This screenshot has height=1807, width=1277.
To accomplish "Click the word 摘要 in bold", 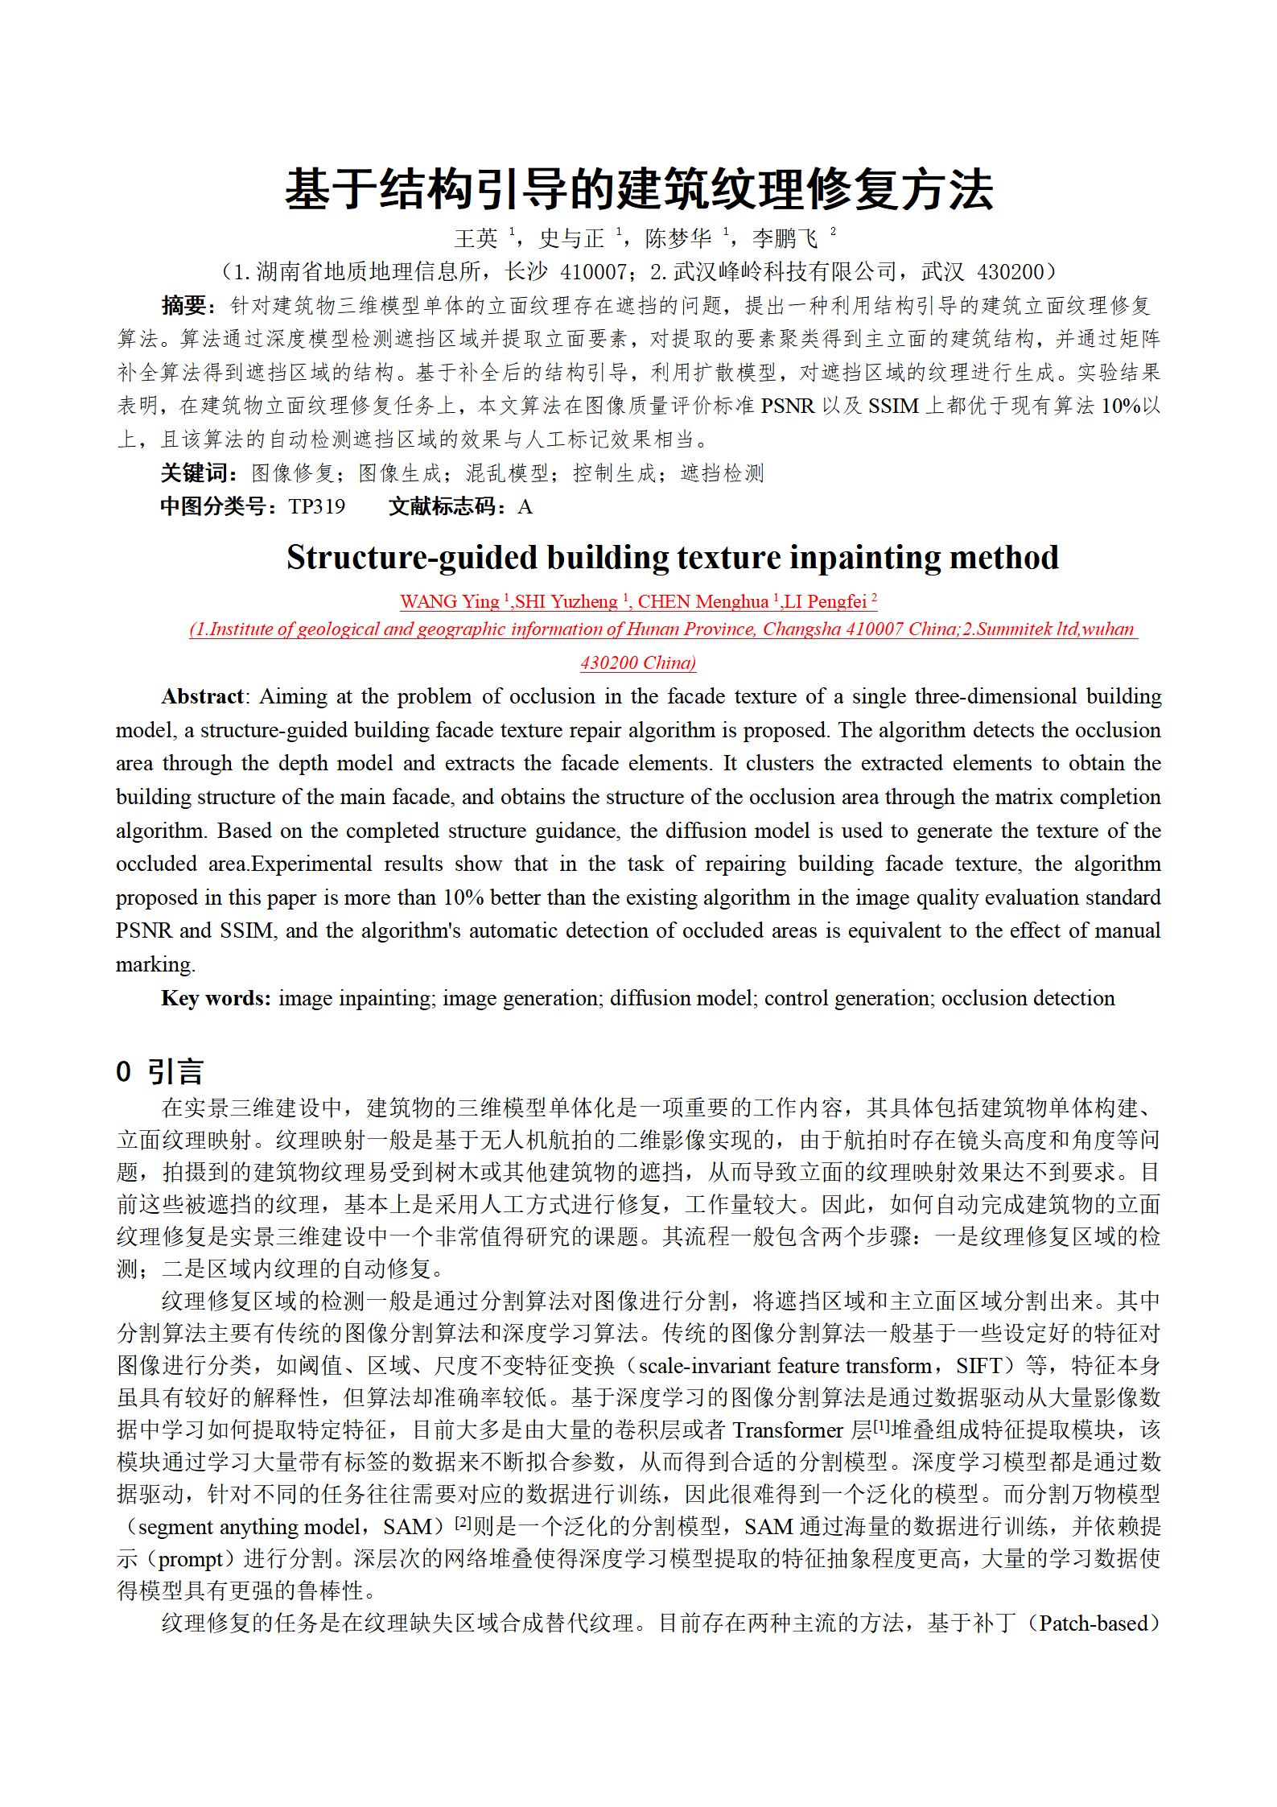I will pyautogui.click(x=184, y=306).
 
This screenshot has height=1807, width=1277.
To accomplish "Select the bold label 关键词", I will pyautogui.click(x=195, y=473).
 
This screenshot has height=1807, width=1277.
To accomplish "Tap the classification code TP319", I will pyautogui.click(x=317, y=507).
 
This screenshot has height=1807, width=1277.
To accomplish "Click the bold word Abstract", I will pyautogui.click(x=202, y=697).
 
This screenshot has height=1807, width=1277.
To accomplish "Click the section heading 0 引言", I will pyautogui.click(x=160, y=1072).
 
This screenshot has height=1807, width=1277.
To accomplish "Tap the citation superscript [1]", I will pyautogui.click(x=881, y=1426).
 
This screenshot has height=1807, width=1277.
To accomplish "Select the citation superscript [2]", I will pyautogui.click(x=463, y=1523).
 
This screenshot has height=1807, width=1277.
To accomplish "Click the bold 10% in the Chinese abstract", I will pyautogui.click(x=1122, y=406).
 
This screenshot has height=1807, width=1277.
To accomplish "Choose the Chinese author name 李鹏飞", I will pyautogui.click(x=785, y=238).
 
